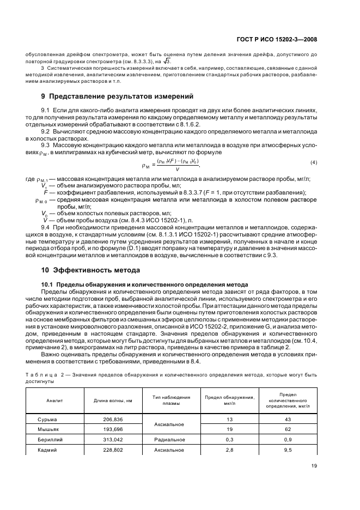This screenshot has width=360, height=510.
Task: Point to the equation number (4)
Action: click(x=313, y=163)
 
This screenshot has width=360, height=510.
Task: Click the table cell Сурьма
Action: click(x=47, y=419)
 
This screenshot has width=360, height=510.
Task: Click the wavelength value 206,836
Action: click(x=113, y=419)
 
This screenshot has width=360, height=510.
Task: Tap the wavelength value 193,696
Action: click(x=113, y=429)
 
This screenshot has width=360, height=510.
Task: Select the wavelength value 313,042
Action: click(x=113, y=440)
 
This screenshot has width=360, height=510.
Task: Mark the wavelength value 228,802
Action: click(x=113, y=450)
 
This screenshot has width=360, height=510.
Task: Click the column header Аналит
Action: click(x=55, y=400)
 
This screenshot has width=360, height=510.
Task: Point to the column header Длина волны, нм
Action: click(x=113, y=400)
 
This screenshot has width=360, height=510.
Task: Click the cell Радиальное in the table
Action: click(x=170, y=440)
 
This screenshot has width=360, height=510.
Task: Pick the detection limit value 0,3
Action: click(x=229, y=440)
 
